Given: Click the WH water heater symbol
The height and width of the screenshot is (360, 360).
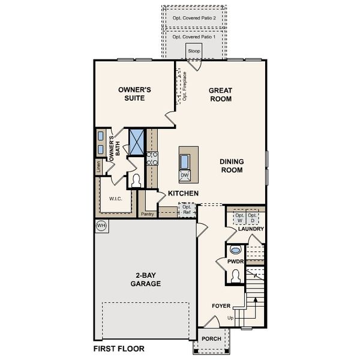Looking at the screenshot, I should pos(101,225).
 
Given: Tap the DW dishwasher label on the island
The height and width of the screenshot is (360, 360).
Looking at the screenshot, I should pos(185,175).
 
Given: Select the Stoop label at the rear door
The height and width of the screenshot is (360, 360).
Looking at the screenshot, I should pos(194,52).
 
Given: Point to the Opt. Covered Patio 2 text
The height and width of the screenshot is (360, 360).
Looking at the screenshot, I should pos(194,18).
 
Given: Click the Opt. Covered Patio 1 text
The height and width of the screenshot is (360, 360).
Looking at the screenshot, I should pos(194,37).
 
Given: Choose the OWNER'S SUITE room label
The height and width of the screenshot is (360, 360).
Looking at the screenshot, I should pos(134,94).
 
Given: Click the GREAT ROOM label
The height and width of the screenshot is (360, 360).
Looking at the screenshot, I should pos(220,95).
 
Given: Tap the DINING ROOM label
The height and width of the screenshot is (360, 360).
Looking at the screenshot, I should pos(231,166).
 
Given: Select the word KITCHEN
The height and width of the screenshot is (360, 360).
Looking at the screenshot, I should pos(183,193).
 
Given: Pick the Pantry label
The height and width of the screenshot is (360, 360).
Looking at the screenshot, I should pos(147,214).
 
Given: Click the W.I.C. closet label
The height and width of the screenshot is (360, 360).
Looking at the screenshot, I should pos(116,199).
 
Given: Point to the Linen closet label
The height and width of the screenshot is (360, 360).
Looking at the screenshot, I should pos(98,167).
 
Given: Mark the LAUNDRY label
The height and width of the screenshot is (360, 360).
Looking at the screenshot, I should pos(251,229).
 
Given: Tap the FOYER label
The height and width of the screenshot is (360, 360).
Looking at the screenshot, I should pos(221,306).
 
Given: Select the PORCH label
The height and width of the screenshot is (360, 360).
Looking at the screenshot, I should pos(211,338).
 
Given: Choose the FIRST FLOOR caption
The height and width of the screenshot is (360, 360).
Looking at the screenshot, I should pos(119,348).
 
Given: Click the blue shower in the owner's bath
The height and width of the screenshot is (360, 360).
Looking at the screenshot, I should pos(137,142).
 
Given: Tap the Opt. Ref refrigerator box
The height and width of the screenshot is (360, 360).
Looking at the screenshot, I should pos(187,211).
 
